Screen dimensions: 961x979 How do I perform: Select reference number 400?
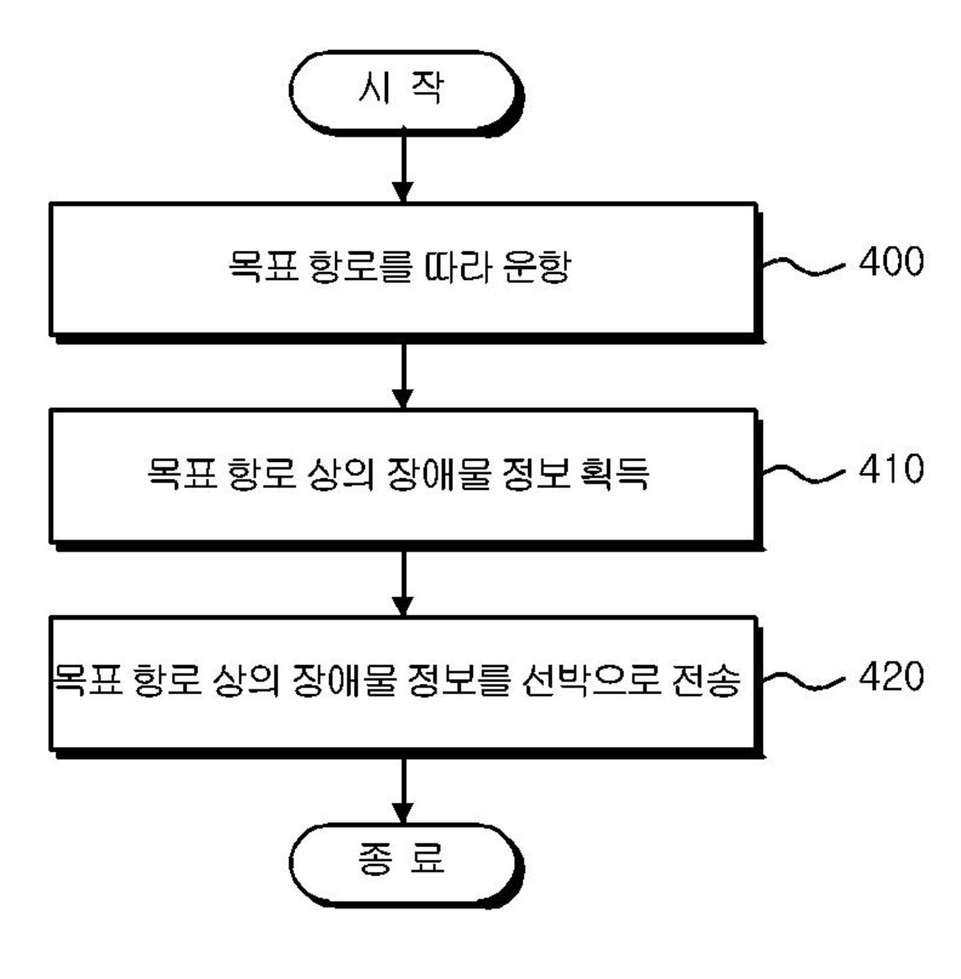pyautogui.click(x=891, y=261)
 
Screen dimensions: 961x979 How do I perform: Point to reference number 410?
pyautogui.click(x=891, y=469)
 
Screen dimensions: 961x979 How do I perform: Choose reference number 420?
pyautogui.click(x=891, y=676)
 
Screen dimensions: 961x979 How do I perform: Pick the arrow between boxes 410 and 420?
pyautogui.click(x=403, y=583)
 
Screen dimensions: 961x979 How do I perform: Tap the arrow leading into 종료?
pyautogui.click(x=403, y=790)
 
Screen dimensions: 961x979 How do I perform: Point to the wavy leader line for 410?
pyautogui.click(x=803, y=474)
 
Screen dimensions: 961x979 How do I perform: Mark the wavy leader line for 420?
pyautogui.click(x=803, y=681)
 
